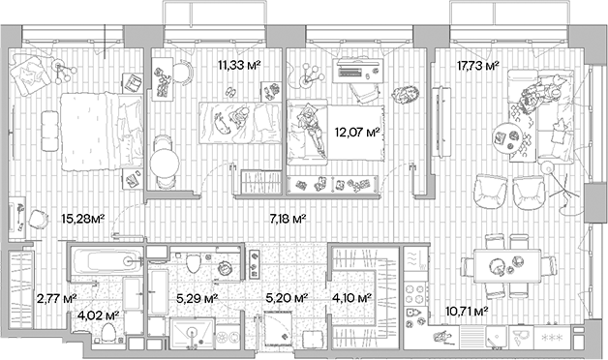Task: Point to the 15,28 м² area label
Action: (x=82, y=219)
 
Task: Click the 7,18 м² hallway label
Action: (x=287, y=219)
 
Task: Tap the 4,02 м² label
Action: (x=99, y=315)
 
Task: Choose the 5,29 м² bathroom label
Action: (x=196, y=299)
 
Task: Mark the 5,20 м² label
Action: (x=287, y=299)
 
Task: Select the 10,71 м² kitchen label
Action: (x=465, y=312)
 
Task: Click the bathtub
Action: (x=106, y=259)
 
